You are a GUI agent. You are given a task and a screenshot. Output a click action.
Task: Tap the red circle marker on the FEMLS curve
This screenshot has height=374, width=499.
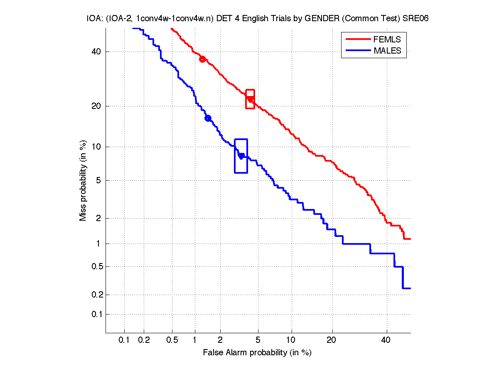tap(202, 59)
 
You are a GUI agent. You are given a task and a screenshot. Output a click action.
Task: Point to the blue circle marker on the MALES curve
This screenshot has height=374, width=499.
tap(208, 118)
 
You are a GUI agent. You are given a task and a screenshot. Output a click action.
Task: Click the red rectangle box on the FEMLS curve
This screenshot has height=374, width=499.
tap(250, 99)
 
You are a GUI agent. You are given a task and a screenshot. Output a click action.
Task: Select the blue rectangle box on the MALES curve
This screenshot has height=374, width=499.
tap(241, 156)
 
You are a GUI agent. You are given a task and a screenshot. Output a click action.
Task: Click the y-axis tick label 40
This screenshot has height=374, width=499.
tap(97, 52)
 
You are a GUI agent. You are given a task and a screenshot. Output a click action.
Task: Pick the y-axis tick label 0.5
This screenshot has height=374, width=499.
tap(95, 267)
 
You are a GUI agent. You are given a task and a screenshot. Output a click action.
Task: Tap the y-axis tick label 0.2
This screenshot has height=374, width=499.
tap(95, 295)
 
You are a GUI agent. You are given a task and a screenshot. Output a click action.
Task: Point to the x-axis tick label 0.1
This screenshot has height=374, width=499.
tap(124, 340)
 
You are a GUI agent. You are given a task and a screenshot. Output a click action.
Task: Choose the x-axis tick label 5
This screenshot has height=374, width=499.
tap(258, 340)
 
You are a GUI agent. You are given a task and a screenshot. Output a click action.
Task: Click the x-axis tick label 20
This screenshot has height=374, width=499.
tap(331, 340)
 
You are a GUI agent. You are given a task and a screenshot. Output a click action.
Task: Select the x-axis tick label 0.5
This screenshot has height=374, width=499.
tap(172, 340)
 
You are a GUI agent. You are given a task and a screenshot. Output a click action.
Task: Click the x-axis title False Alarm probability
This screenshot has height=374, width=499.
tap(257, 353)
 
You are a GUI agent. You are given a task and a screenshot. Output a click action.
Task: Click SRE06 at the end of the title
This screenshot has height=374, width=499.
tap(415, 19)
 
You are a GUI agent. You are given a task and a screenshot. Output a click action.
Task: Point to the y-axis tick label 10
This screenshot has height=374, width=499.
tap(97, 147)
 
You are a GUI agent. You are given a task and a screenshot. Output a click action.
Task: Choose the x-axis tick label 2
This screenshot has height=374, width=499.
tap(220, 340)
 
